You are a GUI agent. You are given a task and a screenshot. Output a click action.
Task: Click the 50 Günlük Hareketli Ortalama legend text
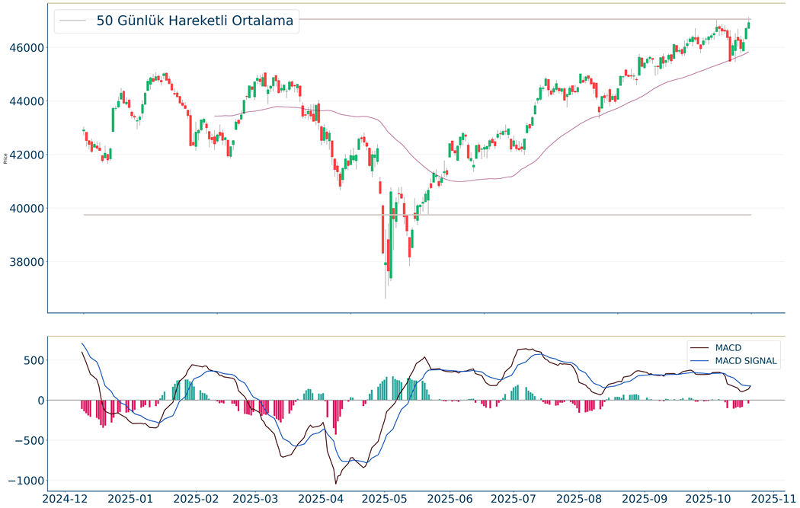click(x=195, y=21)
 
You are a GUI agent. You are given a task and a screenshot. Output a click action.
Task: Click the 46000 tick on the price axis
click(x=27, y=47)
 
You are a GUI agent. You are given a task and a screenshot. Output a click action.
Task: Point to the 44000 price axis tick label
click(x=27, y=101)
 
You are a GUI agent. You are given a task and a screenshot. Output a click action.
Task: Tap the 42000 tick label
click(x=27, y=155)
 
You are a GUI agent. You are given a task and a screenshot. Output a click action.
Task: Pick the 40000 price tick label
click(x=27, y=208)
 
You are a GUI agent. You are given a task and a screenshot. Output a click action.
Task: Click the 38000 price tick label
click(x=27, y=262)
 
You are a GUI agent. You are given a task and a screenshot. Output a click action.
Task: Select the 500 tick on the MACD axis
click(x=32, y=360)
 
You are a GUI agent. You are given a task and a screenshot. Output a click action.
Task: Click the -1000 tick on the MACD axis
click(x=25, y=481)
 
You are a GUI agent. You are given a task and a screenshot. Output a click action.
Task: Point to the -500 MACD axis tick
click(x=28, y=440)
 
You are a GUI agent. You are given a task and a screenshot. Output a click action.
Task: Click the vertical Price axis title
click(x=6, y=158)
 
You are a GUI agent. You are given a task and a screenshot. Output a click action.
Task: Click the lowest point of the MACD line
click(x=336, y=484)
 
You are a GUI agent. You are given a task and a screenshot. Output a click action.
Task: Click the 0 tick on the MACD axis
click(x=40, y=401)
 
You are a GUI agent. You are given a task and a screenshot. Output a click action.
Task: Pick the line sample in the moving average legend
click(x=74, y=21)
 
